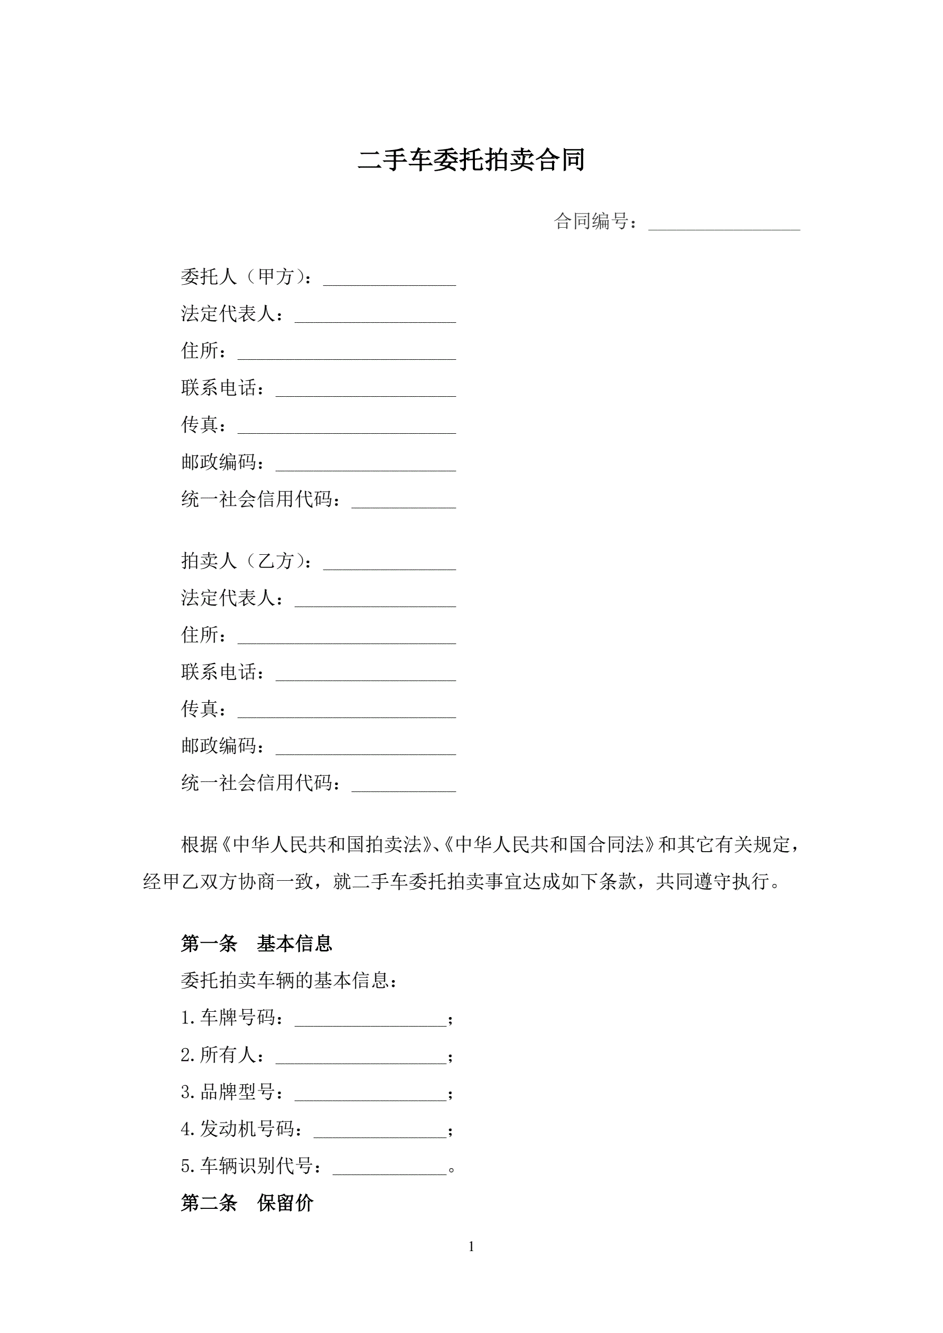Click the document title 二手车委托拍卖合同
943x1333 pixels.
click(471, 160)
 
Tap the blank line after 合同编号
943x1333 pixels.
click(724, 223)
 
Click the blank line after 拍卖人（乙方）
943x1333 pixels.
click(389, 563)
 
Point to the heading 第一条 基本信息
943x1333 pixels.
click(256, 944)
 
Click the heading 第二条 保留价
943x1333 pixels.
click(247, 1203)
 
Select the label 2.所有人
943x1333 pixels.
click(222, 1055)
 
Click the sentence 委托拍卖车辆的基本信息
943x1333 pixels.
click(288, 981)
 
